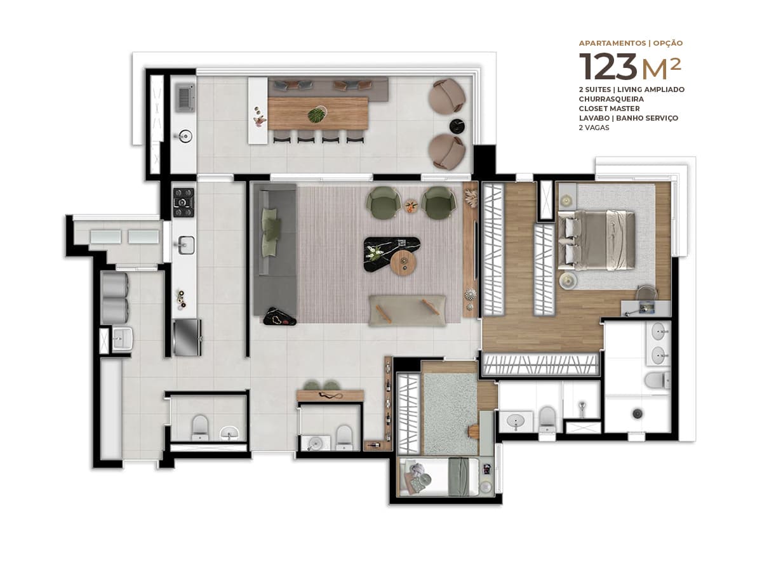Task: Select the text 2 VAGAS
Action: tap(594, 128)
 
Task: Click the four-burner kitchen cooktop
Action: tap(184, 202)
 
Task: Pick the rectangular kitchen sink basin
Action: tap(186, 245)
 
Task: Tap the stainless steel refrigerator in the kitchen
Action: tap(187, 337)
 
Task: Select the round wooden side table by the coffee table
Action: tap(403, 263)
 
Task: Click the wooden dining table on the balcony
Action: tap(317, 114)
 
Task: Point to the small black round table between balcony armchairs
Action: tap(458, 126)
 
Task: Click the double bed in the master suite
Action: tap(596, 240)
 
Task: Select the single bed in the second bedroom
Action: tap(439, 477)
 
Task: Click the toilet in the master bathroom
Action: tap(657, 381)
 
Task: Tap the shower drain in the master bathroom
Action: tap(638, 413)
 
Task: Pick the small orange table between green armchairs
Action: tap(411, 206)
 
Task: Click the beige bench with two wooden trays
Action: tap(407, 310)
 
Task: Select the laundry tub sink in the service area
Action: tap(122, 339)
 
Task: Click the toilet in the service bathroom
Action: tap(199, 428)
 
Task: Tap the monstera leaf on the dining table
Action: tap(316, 114)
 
